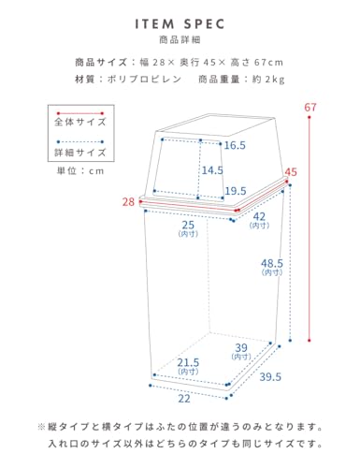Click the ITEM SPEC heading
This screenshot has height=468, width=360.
click(180, 24)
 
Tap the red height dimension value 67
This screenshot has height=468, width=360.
click(310, 108)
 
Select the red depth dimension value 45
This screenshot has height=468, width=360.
click(291, 172)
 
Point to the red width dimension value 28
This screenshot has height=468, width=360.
click(128, 202)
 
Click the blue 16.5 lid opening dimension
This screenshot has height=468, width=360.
click(235, 145)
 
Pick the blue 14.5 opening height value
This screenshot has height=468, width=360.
click(212, 170)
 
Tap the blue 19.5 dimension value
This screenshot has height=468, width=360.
click(236, 191)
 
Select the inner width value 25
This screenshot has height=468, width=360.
click(188, 225)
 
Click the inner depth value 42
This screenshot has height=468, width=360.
click(259, 216)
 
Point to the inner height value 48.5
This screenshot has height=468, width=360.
click(272, 263)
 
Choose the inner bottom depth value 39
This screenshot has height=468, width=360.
click(241, 347)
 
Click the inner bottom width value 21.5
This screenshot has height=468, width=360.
click(188, 362)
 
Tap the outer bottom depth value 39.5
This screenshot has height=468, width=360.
click(270, 377)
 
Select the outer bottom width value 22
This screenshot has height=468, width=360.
click(184, 399)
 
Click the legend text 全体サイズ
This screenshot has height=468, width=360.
click(80, 122)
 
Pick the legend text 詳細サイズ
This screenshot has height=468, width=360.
click(80, 153)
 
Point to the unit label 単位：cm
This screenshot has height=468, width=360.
click(80, 171)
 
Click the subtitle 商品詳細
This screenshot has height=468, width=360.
click(180, 39)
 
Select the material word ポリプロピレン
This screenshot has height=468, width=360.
click(144, 80)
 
